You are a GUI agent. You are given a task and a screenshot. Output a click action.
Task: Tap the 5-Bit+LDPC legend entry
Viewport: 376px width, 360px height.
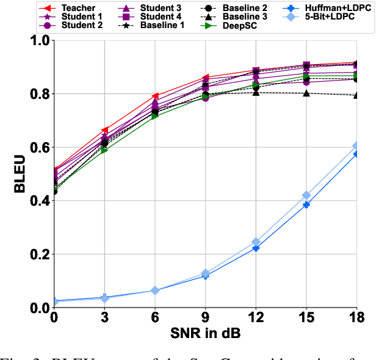pos(330,18)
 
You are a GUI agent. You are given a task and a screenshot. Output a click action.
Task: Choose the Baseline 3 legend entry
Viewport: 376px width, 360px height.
pos(244,18)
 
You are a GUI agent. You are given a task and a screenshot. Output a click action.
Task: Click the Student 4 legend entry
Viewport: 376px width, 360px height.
pos(153,18)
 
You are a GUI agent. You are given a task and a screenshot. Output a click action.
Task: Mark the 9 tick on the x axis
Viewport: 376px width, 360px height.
pos(205,318)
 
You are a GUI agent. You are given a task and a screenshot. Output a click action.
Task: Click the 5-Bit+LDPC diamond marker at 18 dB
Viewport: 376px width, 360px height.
pos(356,146)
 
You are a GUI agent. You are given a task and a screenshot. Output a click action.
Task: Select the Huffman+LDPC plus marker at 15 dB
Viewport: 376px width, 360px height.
pos(306,205)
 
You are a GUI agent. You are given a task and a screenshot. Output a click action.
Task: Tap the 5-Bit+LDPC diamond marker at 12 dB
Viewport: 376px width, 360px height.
pos(256,242)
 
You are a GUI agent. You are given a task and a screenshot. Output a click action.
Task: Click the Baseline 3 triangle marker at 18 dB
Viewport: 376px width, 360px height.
pos(356,95)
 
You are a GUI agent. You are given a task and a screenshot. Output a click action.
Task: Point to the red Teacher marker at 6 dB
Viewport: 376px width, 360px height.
pos(155,96)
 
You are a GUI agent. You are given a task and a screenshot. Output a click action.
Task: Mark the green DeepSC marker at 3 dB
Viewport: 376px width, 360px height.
pos(104,149)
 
